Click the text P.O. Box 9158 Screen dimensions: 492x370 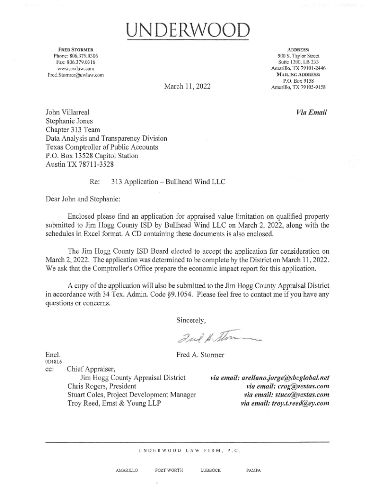pos(298,81)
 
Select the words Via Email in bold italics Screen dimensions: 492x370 pos(312,112)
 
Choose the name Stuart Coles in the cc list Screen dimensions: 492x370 pos(87,395)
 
